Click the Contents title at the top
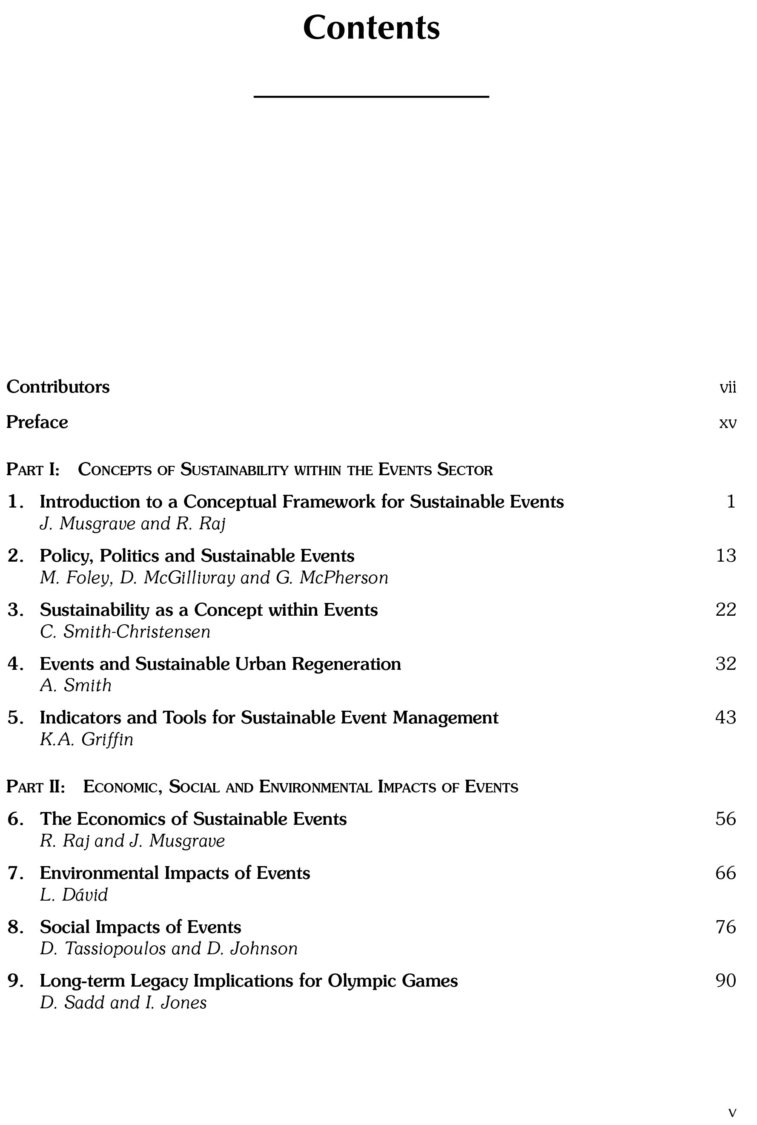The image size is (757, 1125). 371,28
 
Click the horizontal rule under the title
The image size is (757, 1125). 371,97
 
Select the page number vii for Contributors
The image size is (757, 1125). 728,387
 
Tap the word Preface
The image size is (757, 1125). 37,422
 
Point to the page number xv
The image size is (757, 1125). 728,423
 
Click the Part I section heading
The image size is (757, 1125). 249,469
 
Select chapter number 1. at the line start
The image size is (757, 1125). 15,502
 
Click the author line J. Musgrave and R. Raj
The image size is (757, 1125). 132,524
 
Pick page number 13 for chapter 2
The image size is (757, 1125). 725,556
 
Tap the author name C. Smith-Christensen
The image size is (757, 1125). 125,632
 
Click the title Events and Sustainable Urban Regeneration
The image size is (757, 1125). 220,664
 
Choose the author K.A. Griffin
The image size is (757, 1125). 86,740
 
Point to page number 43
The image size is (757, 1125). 725,717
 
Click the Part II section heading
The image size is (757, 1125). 262,786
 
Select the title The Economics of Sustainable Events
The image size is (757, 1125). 193,819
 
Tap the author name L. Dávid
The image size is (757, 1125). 74,895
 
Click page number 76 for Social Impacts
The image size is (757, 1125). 725,927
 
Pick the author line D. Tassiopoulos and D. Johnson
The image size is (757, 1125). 169,949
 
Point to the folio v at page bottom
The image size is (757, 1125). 732,1108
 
